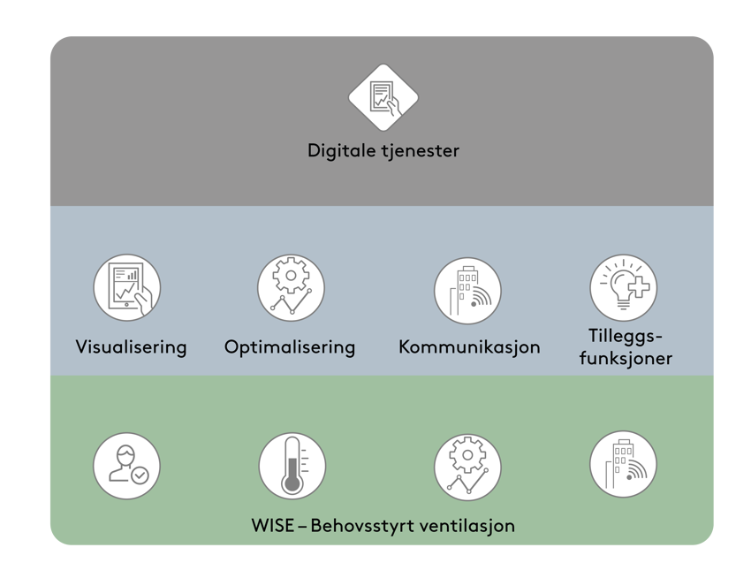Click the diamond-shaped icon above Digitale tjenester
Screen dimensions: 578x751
click(x=383, y=97)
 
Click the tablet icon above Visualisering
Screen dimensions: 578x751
click(x=127, y=287)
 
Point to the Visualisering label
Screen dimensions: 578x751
click(x=131, y=346)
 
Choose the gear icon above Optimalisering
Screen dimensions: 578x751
click(x=291, y=287)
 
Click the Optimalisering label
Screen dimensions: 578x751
click(x=290, y=346)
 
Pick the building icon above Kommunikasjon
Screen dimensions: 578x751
click(x=467, y=288)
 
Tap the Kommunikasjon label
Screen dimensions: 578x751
click(x=469, y=346)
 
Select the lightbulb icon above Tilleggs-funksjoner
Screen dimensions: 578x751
click(x=623, y=287)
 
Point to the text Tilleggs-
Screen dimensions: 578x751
click(x=626, y=336)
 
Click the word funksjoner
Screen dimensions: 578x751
click(x=628, y=358)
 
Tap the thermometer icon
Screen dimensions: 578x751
click(x=292, y=466)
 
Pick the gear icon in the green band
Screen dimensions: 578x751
click(x=467, y=466)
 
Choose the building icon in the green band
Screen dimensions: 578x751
click(x=623, y=464)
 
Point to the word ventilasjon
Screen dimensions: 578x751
click(x=470, y=526)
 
